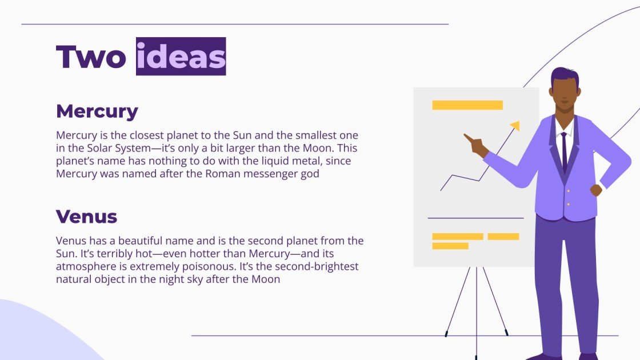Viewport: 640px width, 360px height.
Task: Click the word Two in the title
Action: coord(91,57)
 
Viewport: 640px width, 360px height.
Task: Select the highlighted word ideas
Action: coord(181,57)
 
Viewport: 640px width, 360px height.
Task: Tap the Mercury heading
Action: coord(97,111)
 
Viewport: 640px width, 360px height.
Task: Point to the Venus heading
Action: coord(86,217)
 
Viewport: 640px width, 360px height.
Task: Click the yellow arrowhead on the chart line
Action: coord(515,125)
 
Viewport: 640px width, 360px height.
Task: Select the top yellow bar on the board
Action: coord(467,105)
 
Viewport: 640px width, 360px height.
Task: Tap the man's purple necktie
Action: coord(564,151)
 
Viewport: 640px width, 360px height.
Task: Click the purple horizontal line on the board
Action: coord(475,218)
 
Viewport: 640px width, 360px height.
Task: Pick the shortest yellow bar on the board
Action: coord(450,246)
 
